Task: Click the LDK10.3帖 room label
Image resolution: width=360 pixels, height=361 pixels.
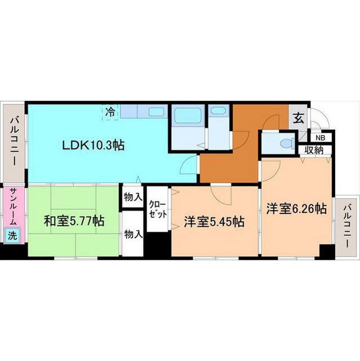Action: coord(94,146)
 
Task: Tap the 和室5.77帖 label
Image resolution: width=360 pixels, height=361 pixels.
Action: coord(74,221)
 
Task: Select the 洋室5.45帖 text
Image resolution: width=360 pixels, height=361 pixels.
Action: coord(214,222)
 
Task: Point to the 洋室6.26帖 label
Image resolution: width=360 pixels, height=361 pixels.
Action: coord(296,209)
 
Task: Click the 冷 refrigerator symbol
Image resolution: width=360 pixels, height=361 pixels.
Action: coord(110,112)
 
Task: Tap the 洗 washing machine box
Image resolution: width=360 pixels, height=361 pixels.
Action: coord(12,235)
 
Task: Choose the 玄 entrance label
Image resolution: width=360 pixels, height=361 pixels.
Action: coord(298,119)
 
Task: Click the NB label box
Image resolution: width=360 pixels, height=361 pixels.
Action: coord(320,138)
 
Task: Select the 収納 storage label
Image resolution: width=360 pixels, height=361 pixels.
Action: coord(314,151)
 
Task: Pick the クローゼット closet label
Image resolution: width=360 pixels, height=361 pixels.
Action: coord(158,209)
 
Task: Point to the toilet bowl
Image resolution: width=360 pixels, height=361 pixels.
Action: coord(286,144)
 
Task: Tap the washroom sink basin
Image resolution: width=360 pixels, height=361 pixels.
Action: coord(219,111)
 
